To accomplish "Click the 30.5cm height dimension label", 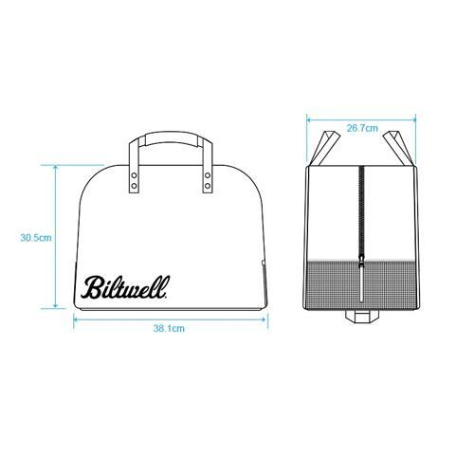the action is pyautogui.click(x=36, y=238).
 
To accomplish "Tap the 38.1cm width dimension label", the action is pyautogui.click(x=169, y=328).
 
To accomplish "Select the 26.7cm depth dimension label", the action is pyautogui.click(x=362, y=128).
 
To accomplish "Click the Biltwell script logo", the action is pyautogui.click(x=125, y=287).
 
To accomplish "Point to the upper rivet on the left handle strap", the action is pyautogui.click(x=135, y=175).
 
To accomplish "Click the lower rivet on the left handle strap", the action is pyautogui.click(x=135, y=186).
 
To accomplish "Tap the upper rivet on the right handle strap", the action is pyautogui.click(x=208, y=175).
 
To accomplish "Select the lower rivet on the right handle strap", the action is pyautogui.click(x=208, y=186).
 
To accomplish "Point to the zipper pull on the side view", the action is pyautogui.click(x=361, y=280).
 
